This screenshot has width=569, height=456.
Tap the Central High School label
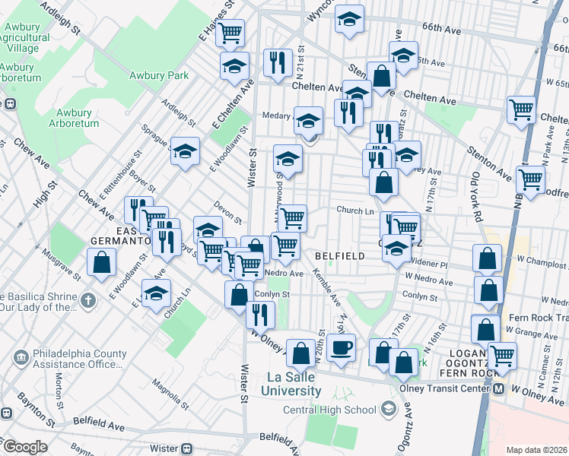tap(329, 410)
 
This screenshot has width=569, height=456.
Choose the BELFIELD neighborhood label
tap(340, 256)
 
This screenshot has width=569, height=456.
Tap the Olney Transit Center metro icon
tap(499, 388)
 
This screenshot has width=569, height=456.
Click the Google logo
tap(25, 447)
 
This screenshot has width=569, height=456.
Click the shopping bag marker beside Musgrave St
tap(101, 264)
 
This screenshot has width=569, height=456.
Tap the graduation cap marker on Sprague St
tap(185, 152)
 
